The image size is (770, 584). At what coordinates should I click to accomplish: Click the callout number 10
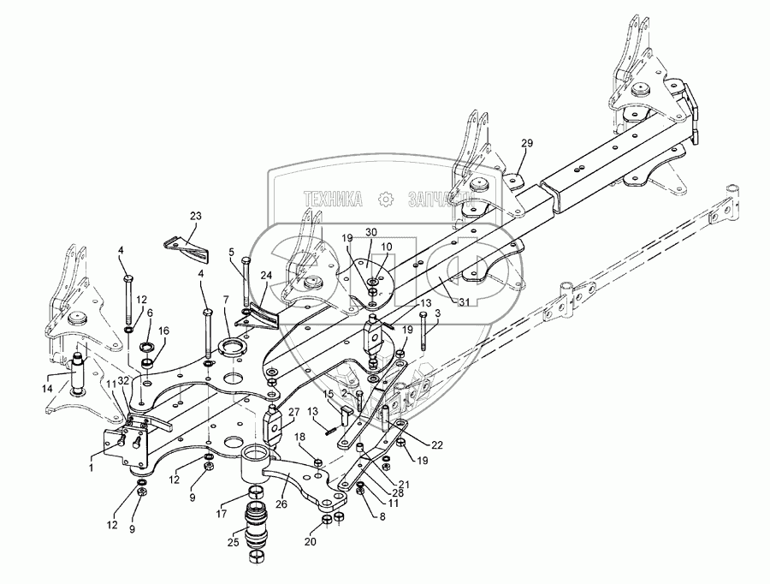tap(385, 246)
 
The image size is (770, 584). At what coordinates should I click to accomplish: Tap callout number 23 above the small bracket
tap(196, 217)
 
